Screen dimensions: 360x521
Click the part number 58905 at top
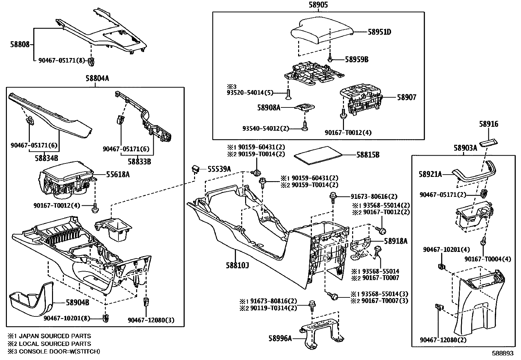318,5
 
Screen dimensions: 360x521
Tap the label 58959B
357,60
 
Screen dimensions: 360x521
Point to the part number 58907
406,97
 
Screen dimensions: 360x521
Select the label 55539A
219,169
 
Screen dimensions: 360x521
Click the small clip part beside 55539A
196,169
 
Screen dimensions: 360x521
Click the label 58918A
396,241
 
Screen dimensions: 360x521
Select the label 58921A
430,174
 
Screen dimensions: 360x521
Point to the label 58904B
77,302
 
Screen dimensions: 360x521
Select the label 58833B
139,161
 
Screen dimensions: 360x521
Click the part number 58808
19,44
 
